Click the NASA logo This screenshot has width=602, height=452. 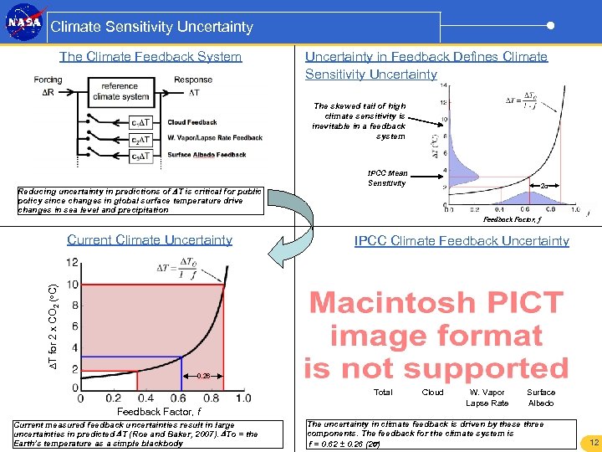point(24,24)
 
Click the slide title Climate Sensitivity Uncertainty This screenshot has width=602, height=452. point(151,27)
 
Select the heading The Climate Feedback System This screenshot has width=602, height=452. point(150,57)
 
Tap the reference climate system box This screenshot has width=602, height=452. point(120,91)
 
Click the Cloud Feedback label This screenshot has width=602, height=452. point(191,122)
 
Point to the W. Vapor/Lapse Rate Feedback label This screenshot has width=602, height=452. point(214,138)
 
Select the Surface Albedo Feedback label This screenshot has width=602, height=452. point(207,154)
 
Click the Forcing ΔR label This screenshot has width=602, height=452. point(48,85)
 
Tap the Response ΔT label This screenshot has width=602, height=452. point(193,85)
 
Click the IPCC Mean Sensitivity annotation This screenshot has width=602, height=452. point(387,178)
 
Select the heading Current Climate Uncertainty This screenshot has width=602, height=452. point(150,240)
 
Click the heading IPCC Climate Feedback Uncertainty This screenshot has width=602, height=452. point(462,241)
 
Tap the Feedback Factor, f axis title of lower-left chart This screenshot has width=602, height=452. point(159,412)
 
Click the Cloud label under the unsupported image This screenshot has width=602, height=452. point(432,393)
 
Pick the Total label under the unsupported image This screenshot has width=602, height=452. point(383,393)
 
